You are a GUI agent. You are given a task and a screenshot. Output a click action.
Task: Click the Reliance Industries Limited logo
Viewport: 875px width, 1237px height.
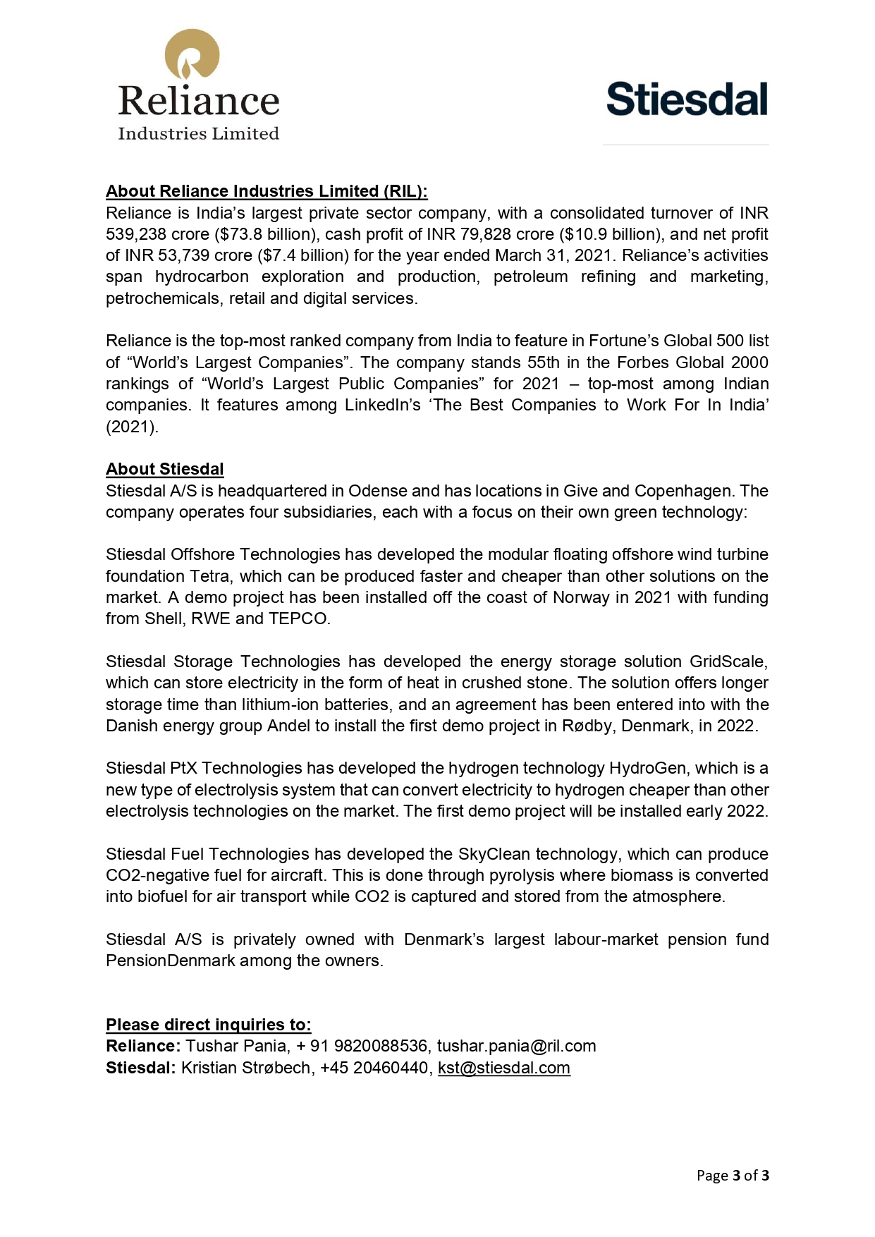(x=198, y=85)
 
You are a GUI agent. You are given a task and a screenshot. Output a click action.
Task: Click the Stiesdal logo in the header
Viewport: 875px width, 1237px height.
(x=687, y=99)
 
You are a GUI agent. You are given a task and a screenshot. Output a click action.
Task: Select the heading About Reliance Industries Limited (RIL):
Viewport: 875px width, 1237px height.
(x=267, y=191)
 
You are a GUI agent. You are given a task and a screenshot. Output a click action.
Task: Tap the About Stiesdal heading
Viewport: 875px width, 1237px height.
(x=164, y=469)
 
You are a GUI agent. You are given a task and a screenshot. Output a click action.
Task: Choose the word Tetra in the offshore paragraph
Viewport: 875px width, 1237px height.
(x=209, y=576)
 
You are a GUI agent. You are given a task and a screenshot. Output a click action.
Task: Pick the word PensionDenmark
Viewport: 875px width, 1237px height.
(x=171, y=961)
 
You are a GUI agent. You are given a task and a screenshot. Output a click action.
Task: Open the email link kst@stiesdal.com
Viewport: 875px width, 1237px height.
(x=503, y=1068)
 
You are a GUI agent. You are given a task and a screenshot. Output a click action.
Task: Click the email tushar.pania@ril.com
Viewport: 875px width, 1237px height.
(x=516, y=1046)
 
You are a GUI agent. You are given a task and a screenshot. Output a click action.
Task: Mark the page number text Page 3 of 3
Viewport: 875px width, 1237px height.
(x=733, y=1175)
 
